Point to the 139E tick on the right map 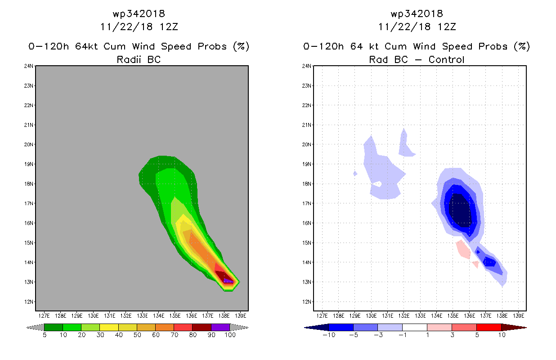[x=518, y=315]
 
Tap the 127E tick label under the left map [x=44, y=315]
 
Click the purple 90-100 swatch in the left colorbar [x=220, y=327]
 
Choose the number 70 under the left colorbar [x=174, y=335]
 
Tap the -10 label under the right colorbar [x=329, y=335]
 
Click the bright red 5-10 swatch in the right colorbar [x=488, y=327]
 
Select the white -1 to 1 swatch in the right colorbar [x=414, y=327]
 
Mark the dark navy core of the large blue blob [x=461, y=211]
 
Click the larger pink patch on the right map [x=463, y=249]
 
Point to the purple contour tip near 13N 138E [x=229, y=281]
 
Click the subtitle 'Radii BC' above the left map [x=139, y=59]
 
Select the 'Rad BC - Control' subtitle [x=417, y=59]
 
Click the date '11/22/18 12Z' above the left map [x=139, y=27]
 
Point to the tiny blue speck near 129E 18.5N [x=355, y=173]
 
